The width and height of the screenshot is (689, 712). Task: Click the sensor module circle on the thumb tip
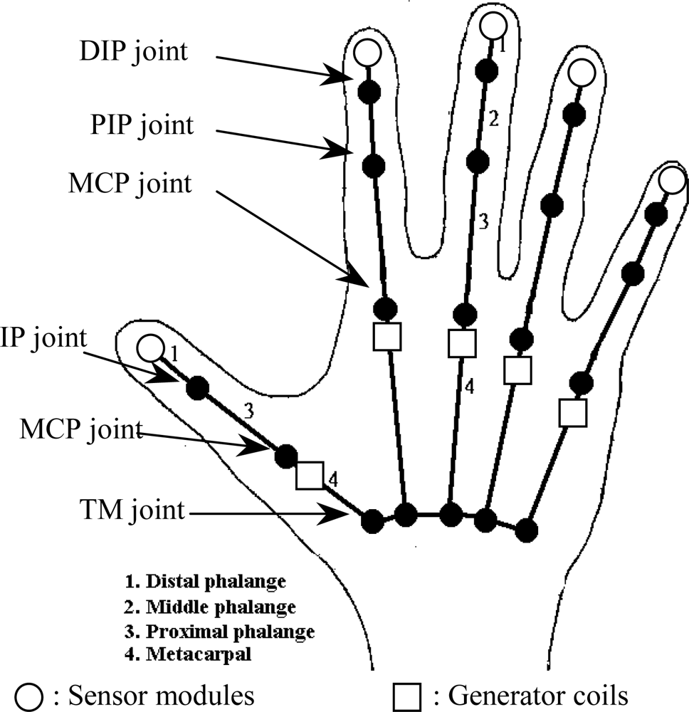pos(149,348)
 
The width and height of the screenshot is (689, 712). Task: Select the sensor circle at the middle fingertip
pos(493,26)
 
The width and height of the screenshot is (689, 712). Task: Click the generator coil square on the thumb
pos(310,475)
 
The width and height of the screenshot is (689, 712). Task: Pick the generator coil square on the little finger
pos(572,413)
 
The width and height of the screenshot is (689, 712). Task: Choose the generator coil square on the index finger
pos(388,336)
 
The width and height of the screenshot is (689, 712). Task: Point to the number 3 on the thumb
pos(248,411)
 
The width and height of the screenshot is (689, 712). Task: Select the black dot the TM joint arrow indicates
pos(370,521)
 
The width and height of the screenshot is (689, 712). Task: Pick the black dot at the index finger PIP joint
pos(374,165)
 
